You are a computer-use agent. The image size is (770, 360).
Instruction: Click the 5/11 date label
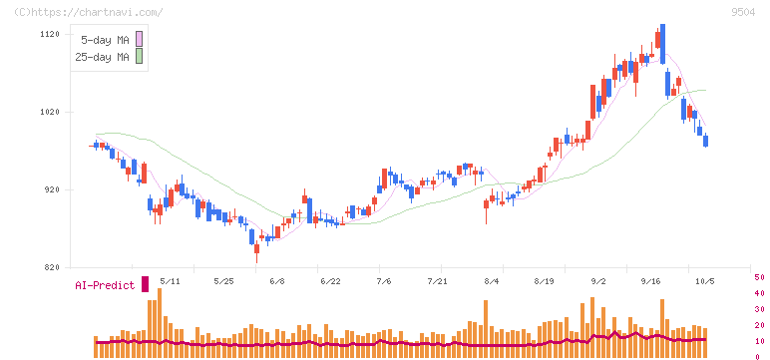(170, 281)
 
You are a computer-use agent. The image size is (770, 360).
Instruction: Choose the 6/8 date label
(277, 281)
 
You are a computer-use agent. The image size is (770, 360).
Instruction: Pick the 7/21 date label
(440, 281)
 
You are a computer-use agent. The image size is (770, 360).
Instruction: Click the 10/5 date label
(705, 281)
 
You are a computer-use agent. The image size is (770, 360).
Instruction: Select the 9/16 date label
(650, 281)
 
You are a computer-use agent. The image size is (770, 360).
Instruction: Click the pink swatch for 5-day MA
(139, 39)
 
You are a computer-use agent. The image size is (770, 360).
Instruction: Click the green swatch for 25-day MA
(139, 56)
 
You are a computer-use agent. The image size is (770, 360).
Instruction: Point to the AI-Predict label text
(105, 285)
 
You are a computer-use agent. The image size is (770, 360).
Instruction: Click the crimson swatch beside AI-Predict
(145, 284)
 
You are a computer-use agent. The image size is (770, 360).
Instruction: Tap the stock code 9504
(743, 13)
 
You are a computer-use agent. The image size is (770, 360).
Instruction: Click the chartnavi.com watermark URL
(89, 13)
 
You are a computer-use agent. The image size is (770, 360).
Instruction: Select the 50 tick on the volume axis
(759, 277)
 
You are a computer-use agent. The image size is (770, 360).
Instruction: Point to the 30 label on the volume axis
(759, 309)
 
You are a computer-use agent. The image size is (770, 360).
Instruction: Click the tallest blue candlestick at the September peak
(663, 44)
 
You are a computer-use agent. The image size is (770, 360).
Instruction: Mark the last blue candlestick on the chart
(706, 141)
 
